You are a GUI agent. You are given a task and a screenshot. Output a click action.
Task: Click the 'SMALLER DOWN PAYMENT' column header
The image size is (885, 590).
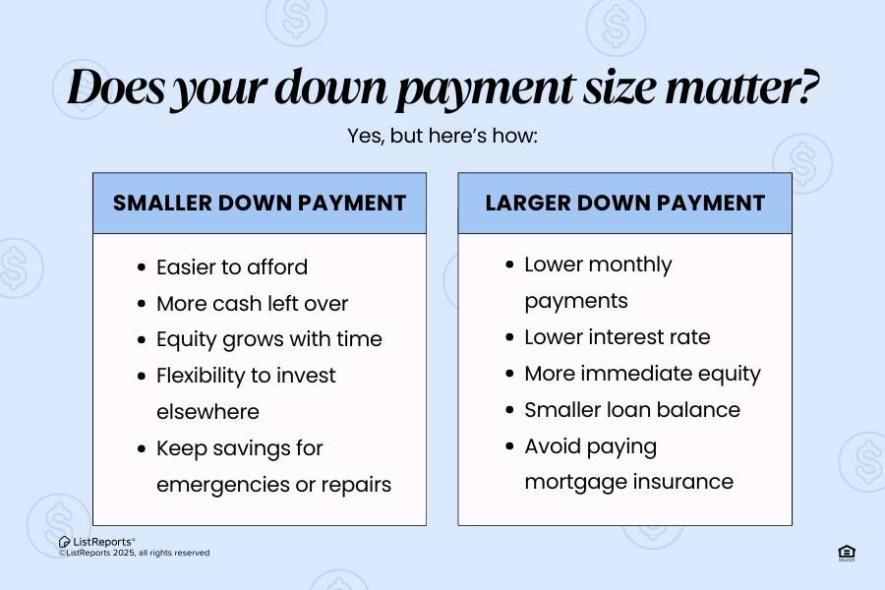click(x=260, y=204)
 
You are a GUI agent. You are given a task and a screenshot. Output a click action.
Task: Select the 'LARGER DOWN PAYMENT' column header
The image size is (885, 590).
click(x=624, y=204)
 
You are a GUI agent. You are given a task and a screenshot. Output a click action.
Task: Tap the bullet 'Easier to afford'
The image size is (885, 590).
click(x=232, y=267)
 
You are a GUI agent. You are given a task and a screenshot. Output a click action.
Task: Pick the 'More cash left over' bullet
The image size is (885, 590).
click(x=253, y=303)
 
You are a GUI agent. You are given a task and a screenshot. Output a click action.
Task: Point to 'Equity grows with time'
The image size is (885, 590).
click(x=269, y=339)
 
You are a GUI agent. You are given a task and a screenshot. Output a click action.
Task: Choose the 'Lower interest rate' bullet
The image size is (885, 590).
click(x=618, y=337)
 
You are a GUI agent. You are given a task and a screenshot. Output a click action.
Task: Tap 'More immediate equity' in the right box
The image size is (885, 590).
click(x=643, y=374)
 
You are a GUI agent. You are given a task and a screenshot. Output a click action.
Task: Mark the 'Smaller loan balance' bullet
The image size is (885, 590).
click(x=632, y=410)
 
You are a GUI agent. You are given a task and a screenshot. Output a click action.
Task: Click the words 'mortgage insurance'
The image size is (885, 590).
click(x=628, y=482)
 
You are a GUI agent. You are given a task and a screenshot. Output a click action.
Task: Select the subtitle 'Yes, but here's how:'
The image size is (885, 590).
click(x=442, y=136)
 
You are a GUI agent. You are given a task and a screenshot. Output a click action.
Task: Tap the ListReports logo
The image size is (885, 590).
click(x=97, y=541)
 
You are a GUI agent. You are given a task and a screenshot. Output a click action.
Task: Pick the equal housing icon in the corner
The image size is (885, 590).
click(x=846, y=553)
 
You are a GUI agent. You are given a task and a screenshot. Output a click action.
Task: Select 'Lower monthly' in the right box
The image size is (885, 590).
click(x=598, y=265)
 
